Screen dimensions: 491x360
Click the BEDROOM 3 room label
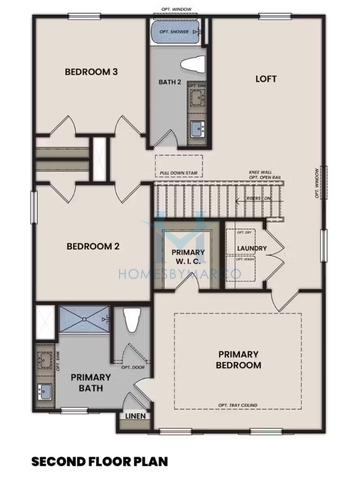(92, 72)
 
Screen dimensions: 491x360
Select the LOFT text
(265, 77)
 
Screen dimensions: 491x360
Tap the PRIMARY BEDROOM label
(240, 360)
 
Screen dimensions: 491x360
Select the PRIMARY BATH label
(90, 382)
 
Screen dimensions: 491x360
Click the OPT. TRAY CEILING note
(240, 405)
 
